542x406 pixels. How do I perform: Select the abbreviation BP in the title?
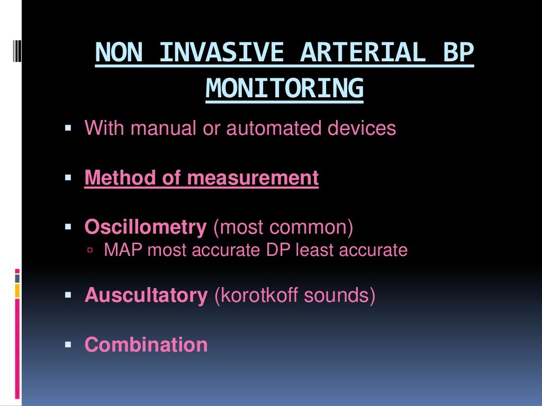(460, 53)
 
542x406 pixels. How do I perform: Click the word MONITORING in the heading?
(285, 88)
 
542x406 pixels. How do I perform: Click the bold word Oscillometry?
(146, 228)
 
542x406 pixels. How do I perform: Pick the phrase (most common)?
(283, 228)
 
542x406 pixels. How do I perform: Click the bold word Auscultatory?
(146, 295)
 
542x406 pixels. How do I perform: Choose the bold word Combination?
(146, 345)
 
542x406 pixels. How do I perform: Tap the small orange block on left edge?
(17, 290)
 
